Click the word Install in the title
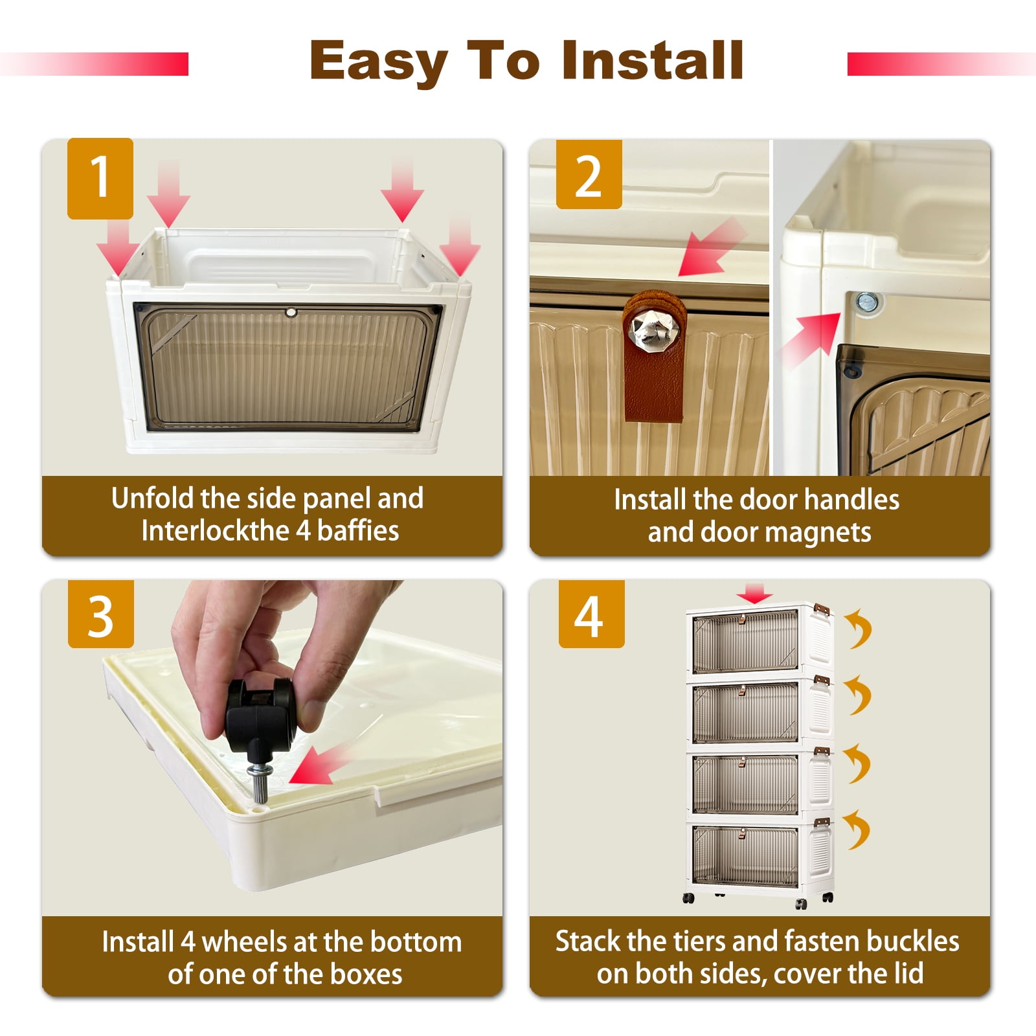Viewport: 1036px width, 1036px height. click(653, 60)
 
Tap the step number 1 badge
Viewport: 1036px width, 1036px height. click(100, 178)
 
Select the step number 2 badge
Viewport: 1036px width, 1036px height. click(589, 175)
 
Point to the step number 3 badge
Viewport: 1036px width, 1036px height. click(100, 614)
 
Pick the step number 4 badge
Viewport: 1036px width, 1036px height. click(591, 614)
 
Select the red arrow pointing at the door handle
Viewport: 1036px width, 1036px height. click(711, 248)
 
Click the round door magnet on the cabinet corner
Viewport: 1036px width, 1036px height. click(866, 302)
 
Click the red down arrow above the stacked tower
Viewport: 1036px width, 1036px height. click(754, 592)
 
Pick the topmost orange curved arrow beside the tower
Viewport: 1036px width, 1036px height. click(859, 627)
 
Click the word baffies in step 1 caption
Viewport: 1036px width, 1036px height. click(358, 531)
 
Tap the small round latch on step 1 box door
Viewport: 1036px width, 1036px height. click(290, 312)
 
